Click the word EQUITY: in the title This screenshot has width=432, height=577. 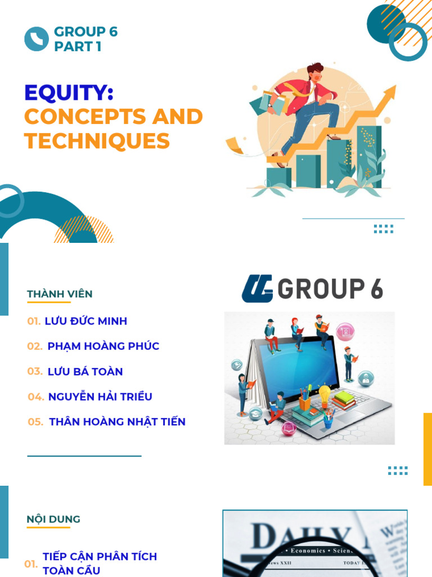69,93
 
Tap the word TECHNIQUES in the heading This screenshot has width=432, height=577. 97,141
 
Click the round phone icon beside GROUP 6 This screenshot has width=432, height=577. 37,39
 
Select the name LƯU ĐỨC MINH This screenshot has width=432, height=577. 85,321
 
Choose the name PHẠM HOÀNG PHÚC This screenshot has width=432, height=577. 103,346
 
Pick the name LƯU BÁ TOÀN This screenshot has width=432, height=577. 85,371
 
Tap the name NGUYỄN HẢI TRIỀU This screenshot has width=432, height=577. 100,397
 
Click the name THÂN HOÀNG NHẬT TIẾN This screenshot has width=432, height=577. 117,421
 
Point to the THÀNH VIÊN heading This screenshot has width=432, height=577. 60,294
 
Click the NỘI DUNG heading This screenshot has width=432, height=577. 53,519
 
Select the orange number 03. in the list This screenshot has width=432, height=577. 35,371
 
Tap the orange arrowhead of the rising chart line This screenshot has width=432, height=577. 390,91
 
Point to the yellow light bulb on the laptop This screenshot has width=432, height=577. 325,392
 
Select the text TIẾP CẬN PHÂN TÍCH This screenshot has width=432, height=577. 100,557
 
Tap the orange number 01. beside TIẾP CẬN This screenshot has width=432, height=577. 31,564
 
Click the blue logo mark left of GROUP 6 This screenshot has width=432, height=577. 257,288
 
